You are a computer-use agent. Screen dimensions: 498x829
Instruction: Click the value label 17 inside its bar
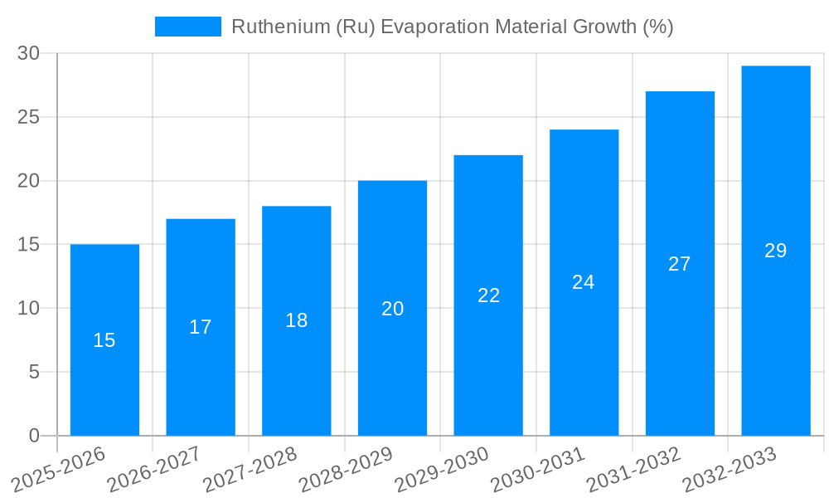201,327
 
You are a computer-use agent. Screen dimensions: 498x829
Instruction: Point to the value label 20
393,309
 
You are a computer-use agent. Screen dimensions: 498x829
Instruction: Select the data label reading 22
489,295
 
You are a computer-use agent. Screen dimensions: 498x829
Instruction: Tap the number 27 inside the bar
680,264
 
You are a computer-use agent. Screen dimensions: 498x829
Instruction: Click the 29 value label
775,251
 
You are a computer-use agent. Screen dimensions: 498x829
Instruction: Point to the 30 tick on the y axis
29,53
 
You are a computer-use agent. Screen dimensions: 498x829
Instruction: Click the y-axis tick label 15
29,245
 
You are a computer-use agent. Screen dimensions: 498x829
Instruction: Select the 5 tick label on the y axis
34,373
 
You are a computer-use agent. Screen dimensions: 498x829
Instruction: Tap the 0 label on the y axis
34,436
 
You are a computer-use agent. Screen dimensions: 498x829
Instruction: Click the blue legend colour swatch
188,27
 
